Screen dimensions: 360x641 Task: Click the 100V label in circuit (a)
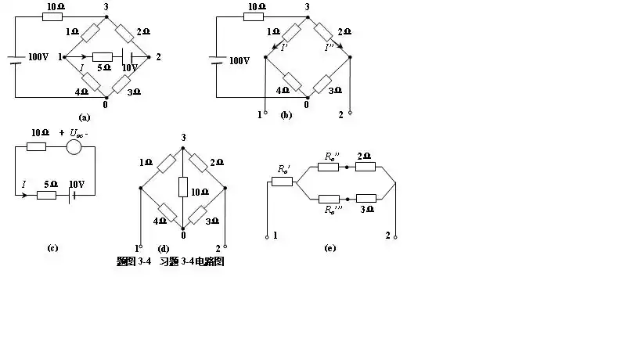38,58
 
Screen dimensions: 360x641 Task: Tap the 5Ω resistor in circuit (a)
103,57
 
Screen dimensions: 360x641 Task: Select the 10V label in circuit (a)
128,68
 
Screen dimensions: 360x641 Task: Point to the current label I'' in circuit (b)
330,48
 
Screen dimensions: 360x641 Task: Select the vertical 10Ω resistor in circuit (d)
182,187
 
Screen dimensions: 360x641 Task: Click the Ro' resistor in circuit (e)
282,182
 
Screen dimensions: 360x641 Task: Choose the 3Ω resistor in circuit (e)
366,198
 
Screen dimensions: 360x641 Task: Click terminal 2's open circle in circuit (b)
351,113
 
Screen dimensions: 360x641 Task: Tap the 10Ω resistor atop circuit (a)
52,16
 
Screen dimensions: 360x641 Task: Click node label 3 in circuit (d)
182,138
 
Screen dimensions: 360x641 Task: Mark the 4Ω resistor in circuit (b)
292,81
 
